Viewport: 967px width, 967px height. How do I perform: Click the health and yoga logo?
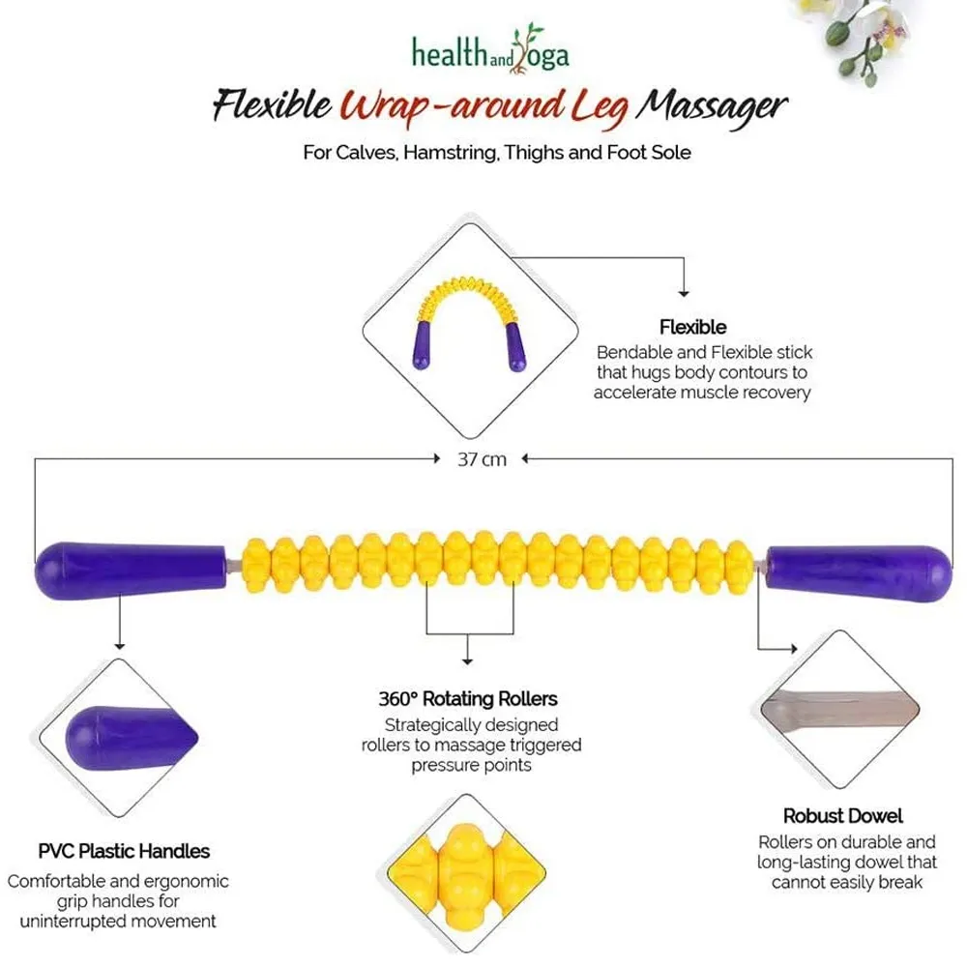coord(490,49)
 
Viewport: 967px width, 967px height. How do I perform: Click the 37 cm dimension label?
coord(482,459)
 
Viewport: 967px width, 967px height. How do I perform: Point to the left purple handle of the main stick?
coord(131,571)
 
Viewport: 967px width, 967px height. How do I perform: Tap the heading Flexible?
coord(692,327)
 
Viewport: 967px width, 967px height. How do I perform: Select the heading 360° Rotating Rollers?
coord(468,699)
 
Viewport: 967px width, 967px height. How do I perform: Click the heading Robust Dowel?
coord(842,816)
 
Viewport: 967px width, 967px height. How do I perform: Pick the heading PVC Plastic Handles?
coord(124,851)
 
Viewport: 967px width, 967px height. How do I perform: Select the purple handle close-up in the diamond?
coord(131,738)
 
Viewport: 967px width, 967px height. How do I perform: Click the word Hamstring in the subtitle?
coord(451,153)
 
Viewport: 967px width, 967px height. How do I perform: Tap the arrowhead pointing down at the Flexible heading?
coord(684,293)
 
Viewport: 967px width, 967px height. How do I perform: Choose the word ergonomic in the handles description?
coord(186,881)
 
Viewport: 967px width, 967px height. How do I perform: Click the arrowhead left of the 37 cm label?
coord(437,458)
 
